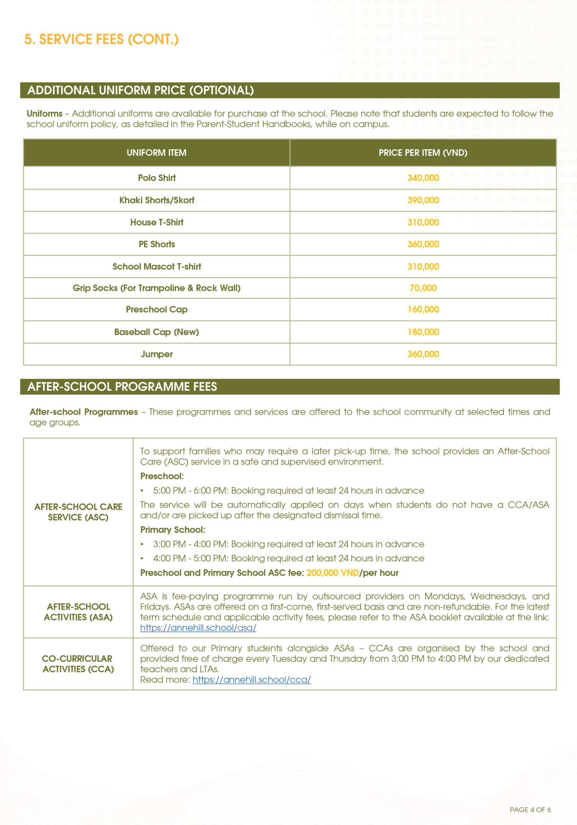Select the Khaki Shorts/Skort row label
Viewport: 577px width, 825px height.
(156, 200)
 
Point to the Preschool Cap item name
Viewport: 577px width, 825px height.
(156, 309)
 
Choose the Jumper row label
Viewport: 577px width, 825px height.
(156, 354)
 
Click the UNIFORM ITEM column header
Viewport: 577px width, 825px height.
(156, 153)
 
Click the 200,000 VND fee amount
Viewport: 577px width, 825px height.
(333, 573)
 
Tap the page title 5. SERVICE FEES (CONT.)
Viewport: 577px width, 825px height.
(101, 39)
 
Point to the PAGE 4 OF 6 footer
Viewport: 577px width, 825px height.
(530, 810)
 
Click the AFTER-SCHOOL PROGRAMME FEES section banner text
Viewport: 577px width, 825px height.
(122, 387)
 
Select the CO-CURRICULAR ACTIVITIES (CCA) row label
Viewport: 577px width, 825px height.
(78, 664)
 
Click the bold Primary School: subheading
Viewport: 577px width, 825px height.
(172, 529)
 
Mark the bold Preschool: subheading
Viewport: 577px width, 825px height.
(162, 476)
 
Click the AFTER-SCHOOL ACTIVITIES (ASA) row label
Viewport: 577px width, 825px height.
(78, 612)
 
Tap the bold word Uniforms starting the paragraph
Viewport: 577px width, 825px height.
(44, 113)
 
